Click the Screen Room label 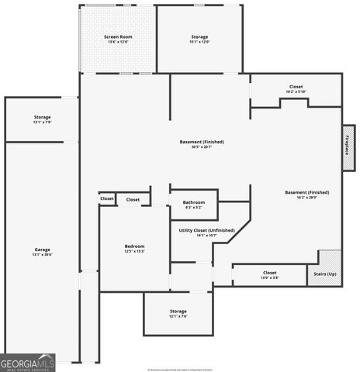119,36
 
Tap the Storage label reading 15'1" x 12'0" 200,36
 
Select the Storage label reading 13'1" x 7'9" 42,118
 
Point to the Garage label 42,250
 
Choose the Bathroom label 194,202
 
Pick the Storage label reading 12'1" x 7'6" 178,312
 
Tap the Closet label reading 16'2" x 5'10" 296,87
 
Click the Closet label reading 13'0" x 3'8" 269,273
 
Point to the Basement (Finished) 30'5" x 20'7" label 202,142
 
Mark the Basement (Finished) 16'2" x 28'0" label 306,192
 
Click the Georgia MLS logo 28,362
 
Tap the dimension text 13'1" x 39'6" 42,254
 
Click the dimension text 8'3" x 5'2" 194,207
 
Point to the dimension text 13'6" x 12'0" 119,41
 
